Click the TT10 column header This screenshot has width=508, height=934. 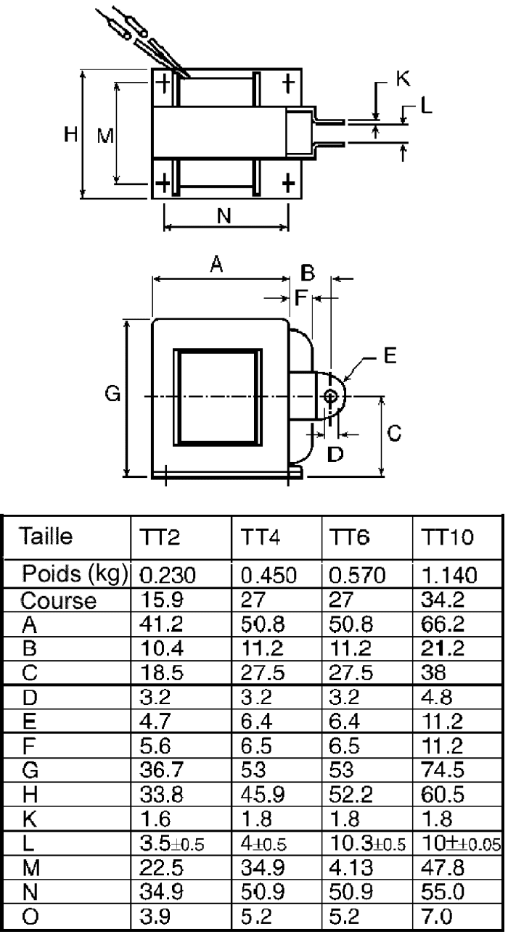click(447, 537)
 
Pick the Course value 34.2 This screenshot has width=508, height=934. click(443, 600)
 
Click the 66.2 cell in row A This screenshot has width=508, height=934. click(443, 624)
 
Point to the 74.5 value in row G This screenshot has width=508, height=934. click(443, 769)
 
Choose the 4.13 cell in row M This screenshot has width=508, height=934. click(351, 868)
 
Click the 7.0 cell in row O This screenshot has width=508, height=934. click(437, 917)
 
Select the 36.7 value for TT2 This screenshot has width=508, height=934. click(162, 769)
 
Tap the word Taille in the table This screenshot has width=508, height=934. click(46, 536)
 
